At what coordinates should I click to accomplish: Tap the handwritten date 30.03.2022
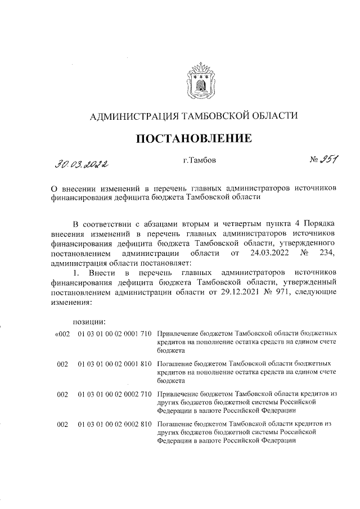click(82, 164)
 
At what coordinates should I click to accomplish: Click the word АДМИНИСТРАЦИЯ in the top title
click(132, 116)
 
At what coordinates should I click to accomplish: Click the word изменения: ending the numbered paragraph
click(70, 302)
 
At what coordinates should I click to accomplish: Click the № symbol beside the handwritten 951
click(314, 161)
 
